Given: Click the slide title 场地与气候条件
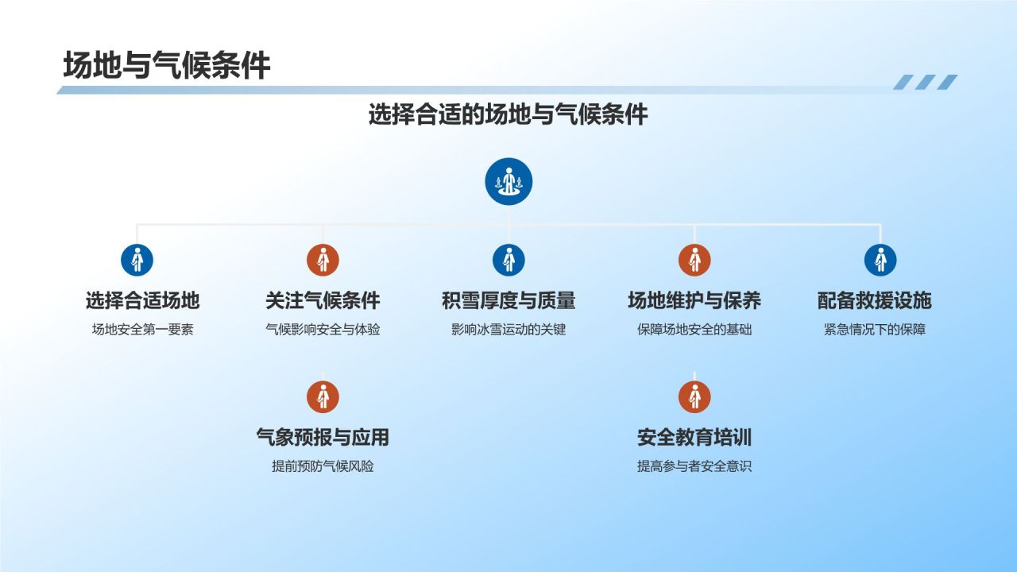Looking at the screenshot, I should tap(167, 66).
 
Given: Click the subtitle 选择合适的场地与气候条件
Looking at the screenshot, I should tap(508, 114).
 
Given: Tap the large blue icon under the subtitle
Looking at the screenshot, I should tap(508, 182).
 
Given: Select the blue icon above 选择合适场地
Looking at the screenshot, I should tap(137, 260).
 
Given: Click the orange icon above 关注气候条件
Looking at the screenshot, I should tap(323, 260).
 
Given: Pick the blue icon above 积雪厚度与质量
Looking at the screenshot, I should tap(508, 260).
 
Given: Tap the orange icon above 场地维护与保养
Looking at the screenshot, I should tap(694, 260).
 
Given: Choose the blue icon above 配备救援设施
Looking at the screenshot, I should tap(880, 260).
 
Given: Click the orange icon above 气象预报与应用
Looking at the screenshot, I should tap(323, 396).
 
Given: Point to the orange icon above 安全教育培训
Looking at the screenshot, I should tap(694, 396).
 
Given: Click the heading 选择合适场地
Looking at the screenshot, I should tap(142, 300).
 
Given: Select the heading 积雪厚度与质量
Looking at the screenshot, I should tap(508, 300).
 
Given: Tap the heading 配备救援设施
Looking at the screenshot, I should tap(874, 300).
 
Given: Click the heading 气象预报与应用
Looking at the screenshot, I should tap(323, 437).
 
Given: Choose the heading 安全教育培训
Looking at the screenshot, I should tap(694, 437).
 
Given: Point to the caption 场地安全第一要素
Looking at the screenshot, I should tap(142, 329).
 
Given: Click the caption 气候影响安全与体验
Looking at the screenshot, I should tap(323, 329).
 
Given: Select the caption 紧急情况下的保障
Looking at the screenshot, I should tap(874, 329).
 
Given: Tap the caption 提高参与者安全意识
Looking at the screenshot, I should tap(694, 466).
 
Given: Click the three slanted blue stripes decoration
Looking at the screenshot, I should tap(925, 82).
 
